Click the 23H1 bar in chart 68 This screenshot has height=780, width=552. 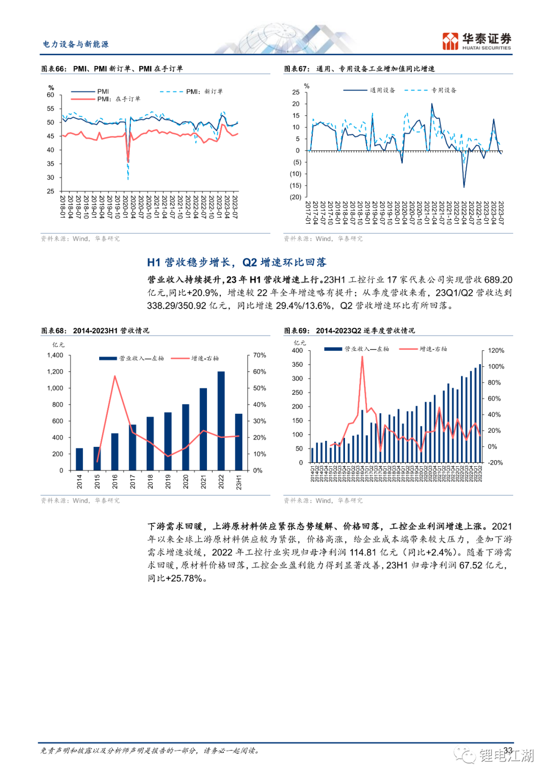(239, 441)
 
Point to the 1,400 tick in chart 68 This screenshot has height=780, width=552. (55, 356)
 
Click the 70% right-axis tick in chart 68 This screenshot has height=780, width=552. (260, 356)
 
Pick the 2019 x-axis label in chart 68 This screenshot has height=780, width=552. (168, 481)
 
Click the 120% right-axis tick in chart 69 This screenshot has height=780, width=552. (496, 350)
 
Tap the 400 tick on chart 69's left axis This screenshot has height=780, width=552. (297, 350)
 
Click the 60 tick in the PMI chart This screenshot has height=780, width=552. (51, 95)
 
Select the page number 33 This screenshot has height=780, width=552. (508, 750)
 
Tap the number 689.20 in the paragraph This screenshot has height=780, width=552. (498, 280)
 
